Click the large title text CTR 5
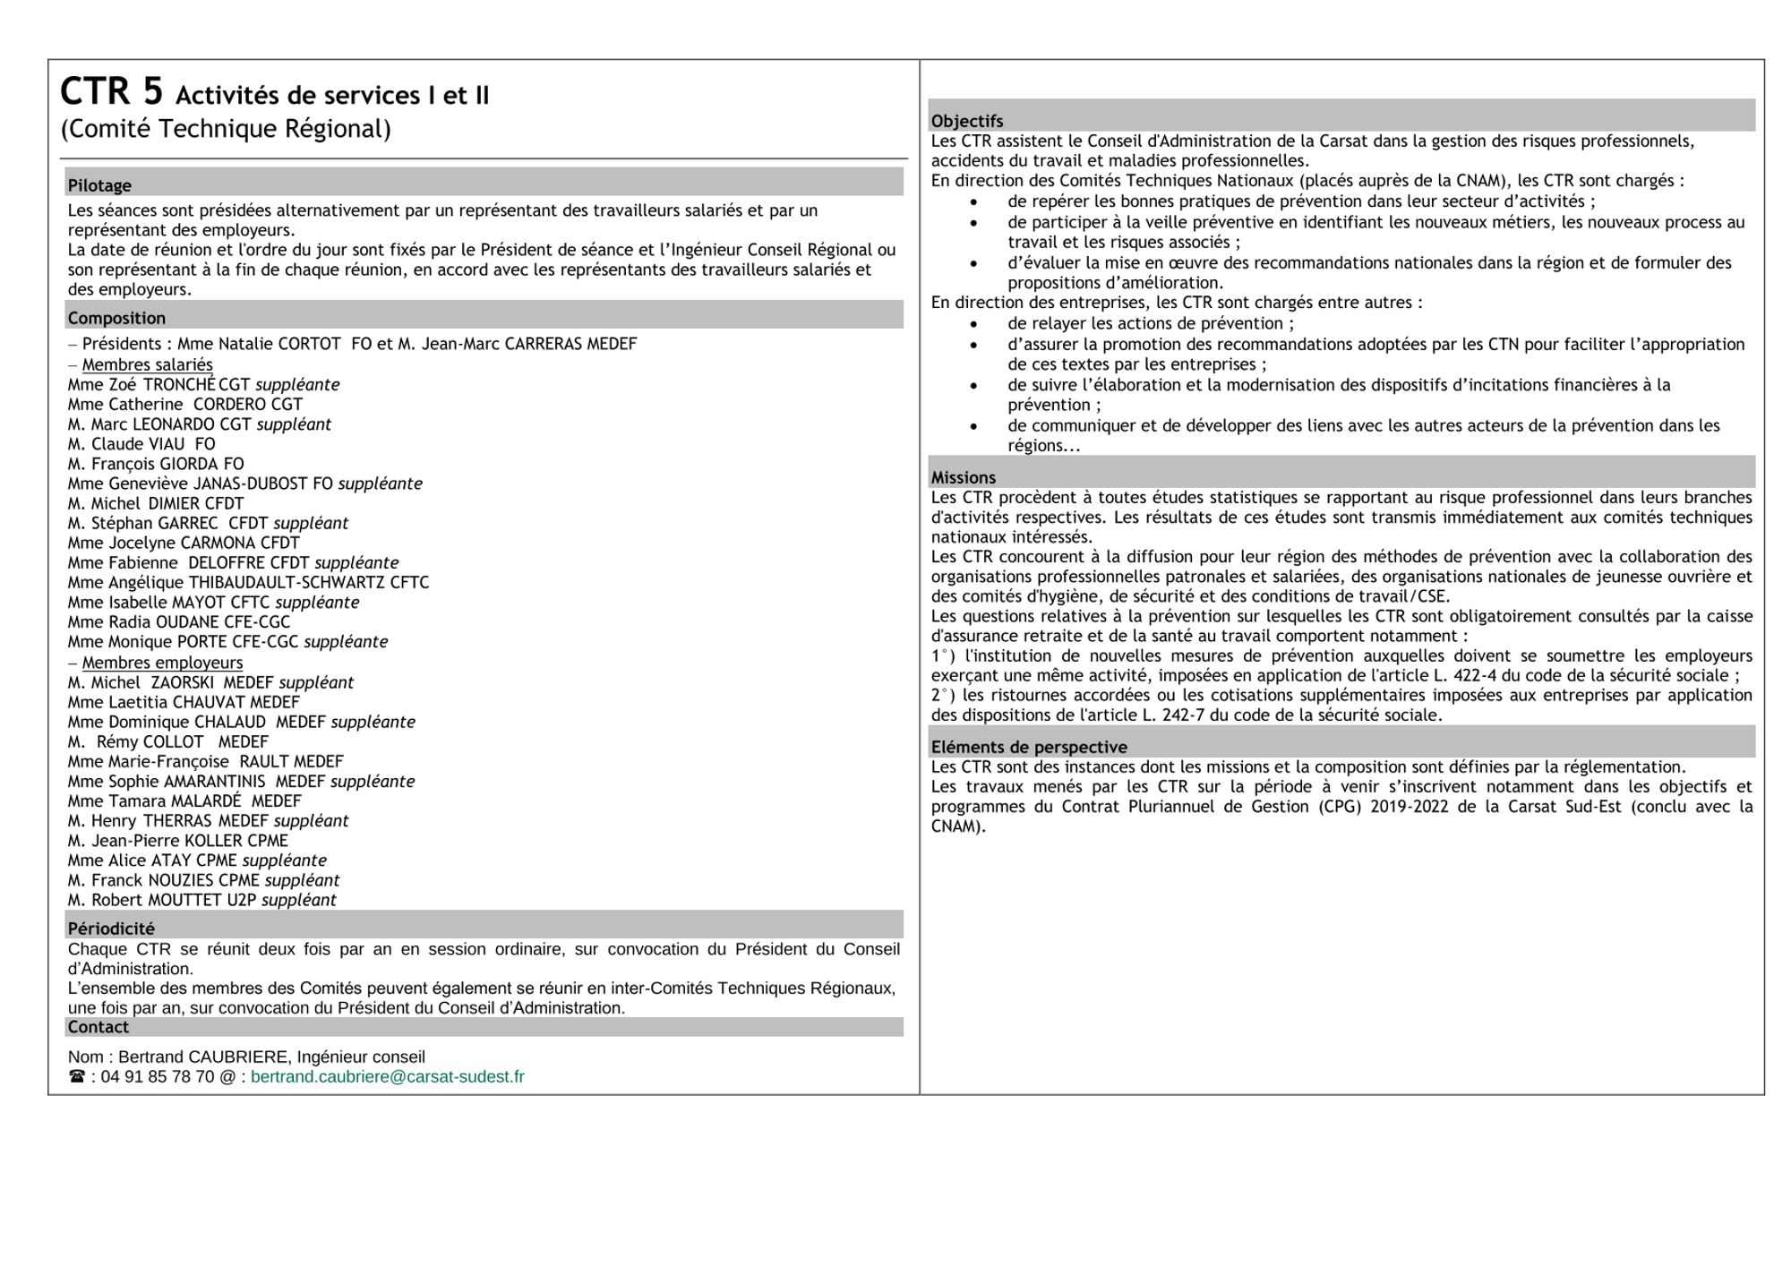pos(112,91)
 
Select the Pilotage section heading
pos(99,185)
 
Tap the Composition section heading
pos(116,318)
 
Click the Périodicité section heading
pos(111,929)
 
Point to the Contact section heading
pos(99,1027)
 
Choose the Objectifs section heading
pos(967,121)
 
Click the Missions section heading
pos(964,477)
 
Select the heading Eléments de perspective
pos(1029,747)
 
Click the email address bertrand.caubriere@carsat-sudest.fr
pos(387,1076)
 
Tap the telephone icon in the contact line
pos(77,1076)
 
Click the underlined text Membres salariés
pos(148,364)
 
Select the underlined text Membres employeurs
pos(162,663)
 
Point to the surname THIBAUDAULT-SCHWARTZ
pos(287,583)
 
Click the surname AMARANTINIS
pos(215,782)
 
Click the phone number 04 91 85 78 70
pos(158,1076)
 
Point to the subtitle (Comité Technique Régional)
pos(226,129)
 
